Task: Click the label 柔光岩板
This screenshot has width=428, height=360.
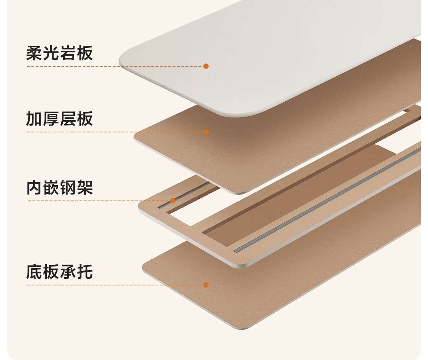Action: [60, 53]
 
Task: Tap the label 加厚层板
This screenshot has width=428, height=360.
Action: [60, 119]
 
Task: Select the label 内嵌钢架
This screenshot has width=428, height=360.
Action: [60, 188]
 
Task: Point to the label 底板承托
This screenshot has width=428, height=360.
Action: [60, 272]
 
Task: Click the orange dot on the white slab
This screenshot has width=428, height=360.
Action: [206, 66]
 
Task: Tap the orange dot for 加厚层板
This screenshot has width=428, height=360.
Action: [206, 132]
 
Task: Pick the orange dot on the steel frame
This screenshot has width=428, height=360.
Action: [173, 201]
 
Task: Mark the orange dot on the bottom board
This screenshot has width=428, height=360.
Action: [206, 285]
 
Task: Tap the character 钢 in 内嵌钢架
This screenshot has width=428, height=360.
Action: [68, 188]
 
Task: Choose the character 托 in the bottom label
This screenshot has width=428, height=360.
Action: [85, 272]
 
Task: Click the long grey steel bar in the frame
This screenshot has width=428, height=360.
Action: [321, 200]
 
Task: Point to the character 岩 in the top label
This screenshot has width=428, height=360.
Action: [68, 53]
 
